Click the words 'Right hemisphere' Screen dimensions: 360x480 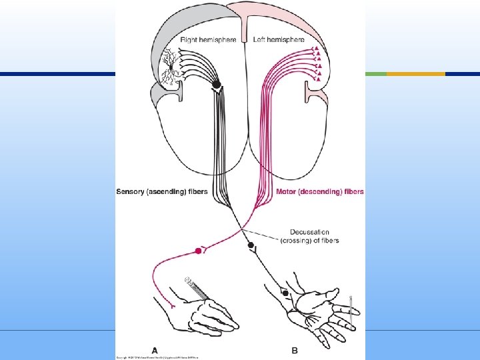click(x=208, y=40)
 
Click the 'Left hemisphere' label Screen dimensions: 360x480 click(x=279, y=40)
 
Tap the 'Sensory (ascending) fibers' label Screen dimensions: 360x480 click(x=162, y=192)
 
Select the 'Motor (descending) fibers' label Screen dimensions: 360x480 click(x=320, y=192)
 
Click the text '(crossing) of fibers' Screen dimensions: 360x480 click(x=309, y=240)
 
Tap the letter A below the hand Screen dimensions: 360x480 click(x=155, y=350)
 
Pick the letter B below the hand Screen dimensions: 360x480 click(x=294, y=350)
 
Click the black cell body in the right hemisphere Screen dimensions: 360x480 click(x=217, y=85)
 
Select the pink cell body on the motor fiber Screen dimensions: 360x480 click(x=197, y=251)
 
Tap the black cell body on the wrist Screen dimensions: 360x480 click(x=285, y=293)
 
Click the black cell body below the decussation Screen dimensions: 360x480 click(x=251, y=245)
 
